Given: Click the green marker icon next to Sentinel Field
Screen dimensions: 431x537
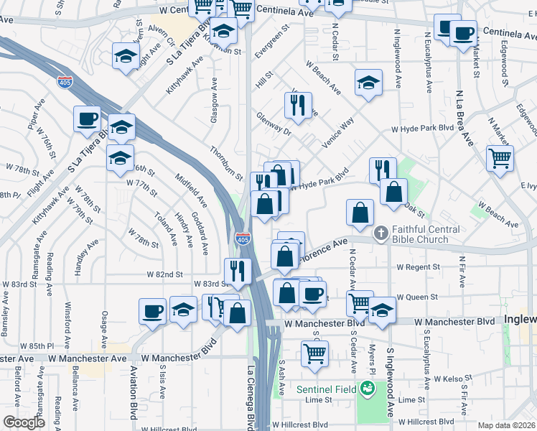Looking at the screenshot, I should (x=368, y=389).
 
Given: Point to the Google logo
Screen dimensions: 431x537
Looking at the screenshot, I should (x=24, y=422).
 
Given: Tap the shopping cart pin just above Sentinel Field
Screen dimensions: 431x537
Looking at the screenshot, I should (x=314, y=353).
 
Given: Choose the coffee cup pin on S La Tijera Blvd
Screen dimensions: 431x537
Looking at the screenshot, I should (x=87, y=119).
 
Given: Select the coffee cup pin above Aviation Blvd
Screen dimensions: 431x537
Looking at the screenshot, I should (x=152, y=311).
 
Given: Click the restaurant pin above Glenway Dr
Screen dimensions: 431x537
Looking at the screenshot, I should (x=298, y=105).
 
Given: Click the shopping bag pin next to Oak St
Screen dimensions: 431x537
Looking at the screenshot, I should (x=393, y=192).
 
